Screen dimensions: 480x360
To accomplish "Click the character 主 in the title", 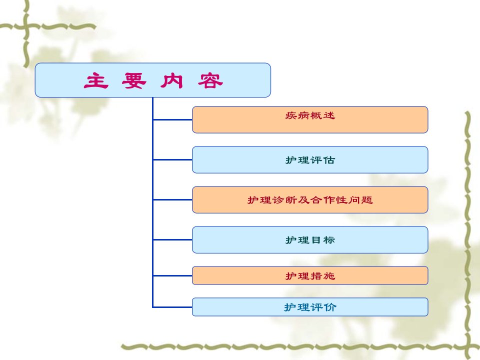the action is (x=96, y=81).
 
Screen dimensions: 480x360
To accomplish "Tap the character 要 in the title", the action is (x=134, y=81).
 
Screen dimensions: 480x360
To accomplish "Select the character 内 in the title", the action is (x=171, y=81).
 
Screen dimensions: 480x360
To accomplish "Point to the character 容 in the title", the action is (x=210, y=81).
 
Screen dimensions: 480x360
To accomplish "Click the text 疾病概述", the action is (x=310, y=115).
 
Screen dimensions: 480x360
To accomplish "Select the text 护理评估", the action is (x=310, y=160).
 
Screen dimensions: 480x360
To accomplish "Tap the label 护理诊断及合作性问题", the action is (x=310, y=200).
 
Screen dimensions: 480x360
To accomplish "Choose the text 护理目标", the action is (x=310, y=240).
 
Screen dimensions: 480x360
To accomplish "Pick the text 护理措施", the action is (x=310, y=276).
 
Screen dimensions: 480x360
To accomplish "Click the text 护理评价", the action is (x=310, y=307).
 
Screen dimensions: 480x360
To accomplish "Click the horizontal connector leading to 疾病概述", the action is (x=172, y=119).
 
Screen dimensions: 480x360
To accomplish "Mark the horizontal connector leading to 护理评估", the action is (x=172, y=159).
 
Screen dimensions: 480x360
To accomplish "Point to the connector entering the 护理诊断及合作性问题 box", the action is (x=172, y=199).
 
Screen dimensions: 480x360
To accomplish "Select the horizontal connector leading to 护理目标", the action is (x=172, y=239).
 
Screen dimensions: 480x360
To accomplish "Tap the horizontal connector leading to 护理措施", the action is (x=172, y=275).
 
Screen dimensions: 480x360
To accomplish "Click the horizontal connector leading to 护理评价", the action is (x=172, y=306).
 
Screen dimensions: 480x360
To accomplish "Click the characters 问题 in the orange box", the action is (x=360, y=200).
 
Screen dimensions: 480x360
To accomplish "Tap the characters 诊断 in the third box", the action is (x=284, y=200).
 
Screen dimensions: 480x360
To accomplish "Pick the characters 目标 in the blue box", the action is (x=323, y=240).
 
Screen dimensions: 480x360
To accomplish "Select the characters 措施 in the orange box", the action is (x=323, y=276).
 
